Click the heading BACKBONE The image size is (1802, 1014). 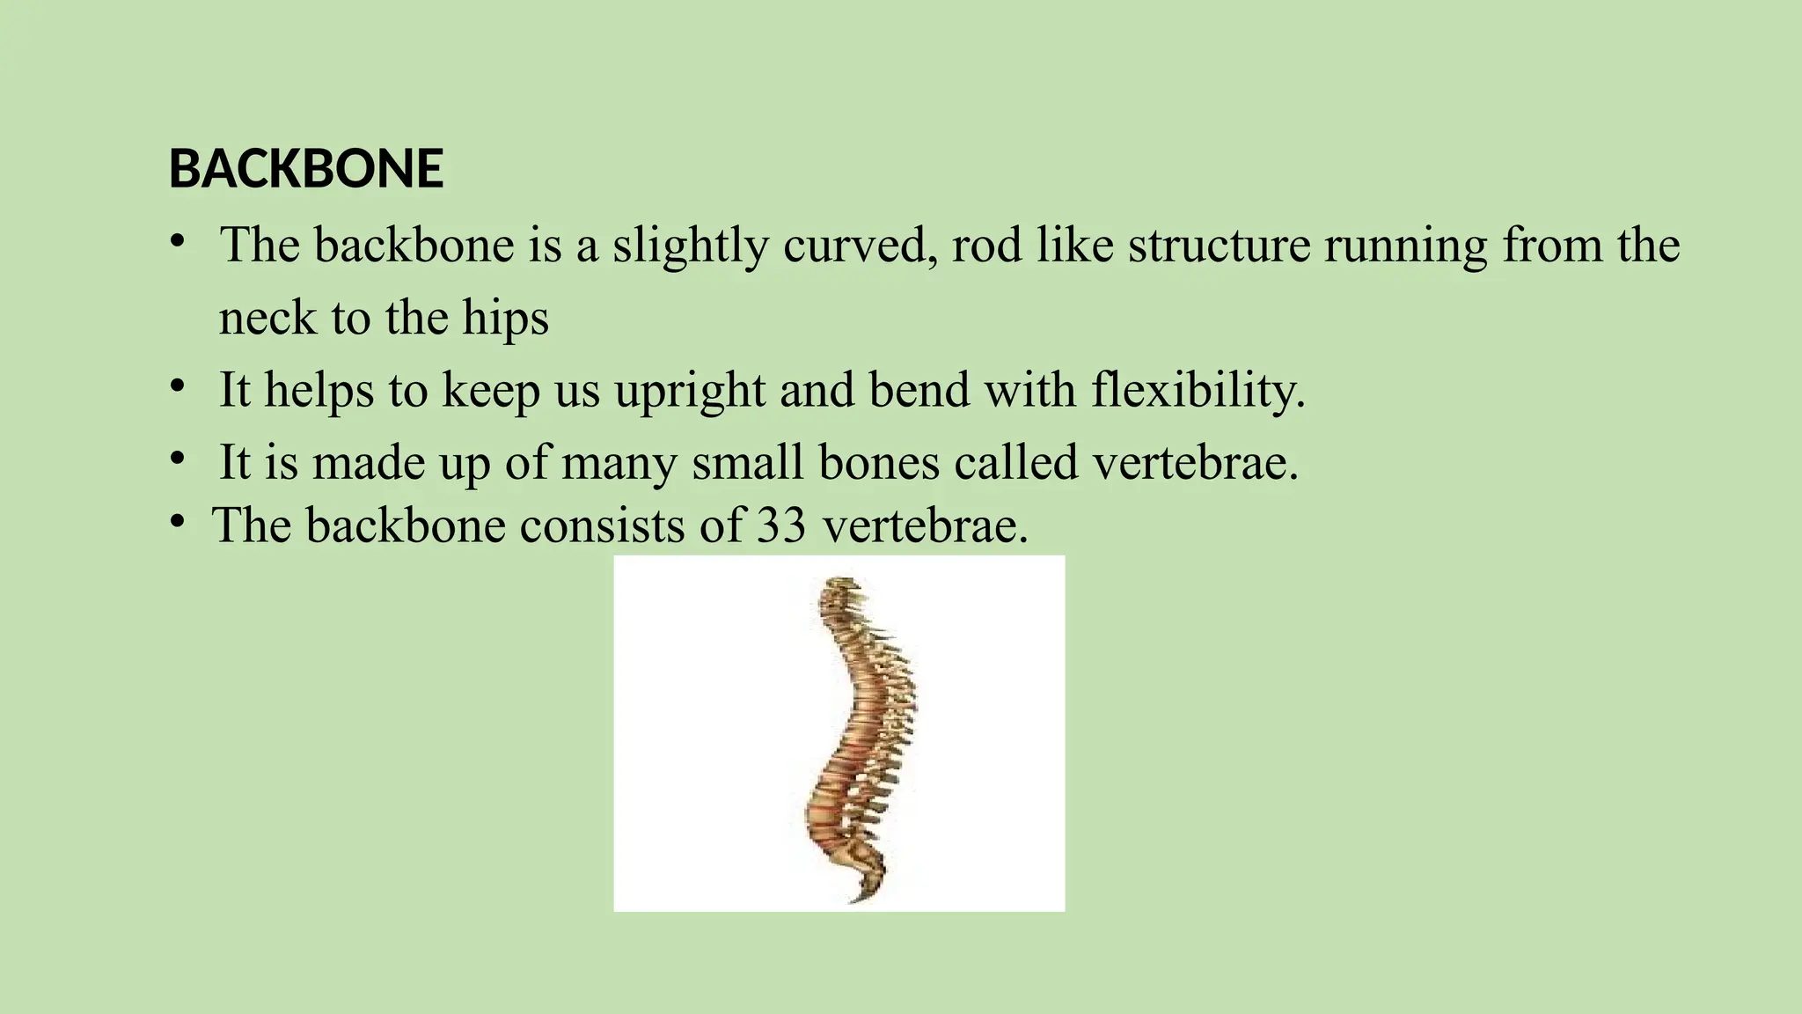305,168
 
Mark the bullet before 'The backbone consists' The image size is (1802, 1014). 178,522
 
